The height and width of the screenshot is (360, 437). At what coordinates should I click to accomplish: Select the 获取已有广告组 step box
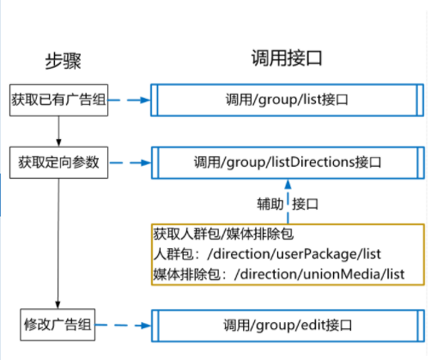click(58, 101)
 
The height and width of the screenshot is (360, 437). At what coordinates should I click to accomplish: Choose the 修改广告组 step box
click(58, 326)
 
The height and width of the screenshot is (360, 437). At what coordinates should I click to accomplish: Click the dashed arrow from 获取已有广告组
click(130, 101)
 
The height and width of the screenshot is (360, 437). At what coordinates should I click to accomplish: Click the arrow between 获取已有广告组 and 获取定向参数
click(58, 131)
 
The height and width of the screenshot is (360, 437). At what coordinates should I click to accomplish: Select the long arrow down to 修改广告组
click(58, 244)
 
